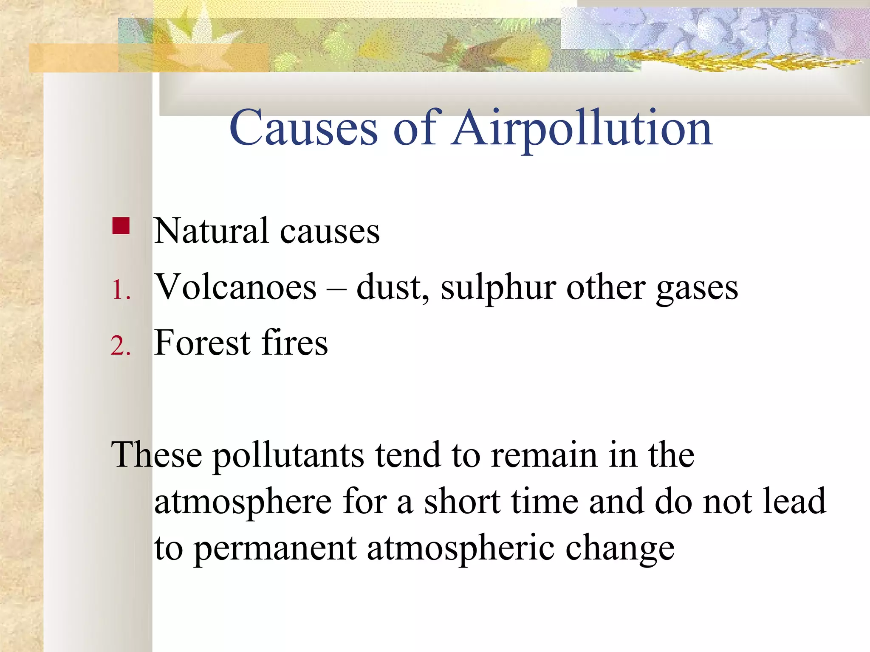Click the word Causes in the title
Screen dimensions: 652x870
[x=303, y=128]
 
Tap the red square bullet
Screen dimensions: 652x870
[x=121, y=226]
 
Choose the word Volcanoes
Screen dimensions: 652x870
[x=235, y=287]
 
